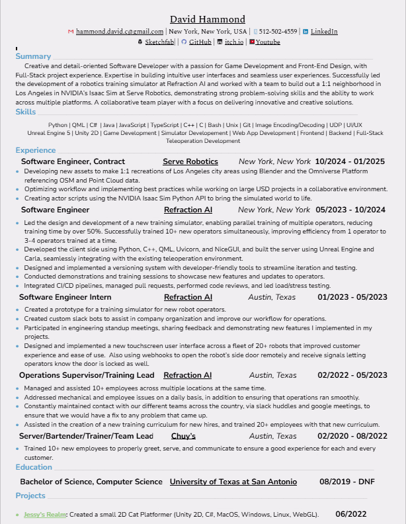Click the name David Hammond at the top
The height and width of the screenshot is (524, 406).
(x=207, y=19)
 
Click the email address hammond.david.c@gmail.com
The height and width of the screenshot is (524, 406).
(x=120, y=31)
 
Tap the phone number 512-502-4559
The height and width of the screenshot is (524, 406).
(x=278, y=31)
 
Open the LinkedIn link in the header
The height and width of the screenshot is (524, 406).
(x=324, y=31)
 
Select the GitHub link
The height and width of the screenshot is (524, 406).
(x=200, y=42)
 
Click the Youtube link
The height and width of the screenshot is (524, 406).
(x=268, y=42)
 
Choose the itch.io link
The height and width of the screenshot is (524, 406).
(x=234, y=42)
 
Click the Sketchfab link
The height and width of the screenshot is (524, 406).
(x=159, y=42)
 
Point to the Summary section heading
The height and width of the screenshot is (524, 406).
(x=33, y=56)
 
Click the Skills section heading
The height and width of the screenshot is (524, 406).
(x=26, y=112)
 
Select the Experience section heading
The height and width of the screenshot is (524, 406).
(x=36, y=150)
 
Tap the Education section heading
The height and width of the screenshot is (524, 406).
(x=34, y=467)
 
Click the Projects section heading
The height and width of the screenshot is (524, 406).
(x=30, y=496)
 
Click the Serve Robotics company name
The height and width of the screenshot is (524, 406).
(x=190, y=161)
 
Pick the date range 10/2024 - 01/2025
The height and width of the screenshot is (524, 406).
(x=350, y=161)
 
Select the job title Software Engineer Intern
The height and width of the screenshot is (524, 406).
(x=65, y=298)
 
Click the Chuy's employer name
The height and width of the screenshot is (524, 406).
(x=183, y=436)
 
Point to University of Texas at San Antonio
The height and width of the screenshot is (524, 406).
(x=233, y=482)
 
